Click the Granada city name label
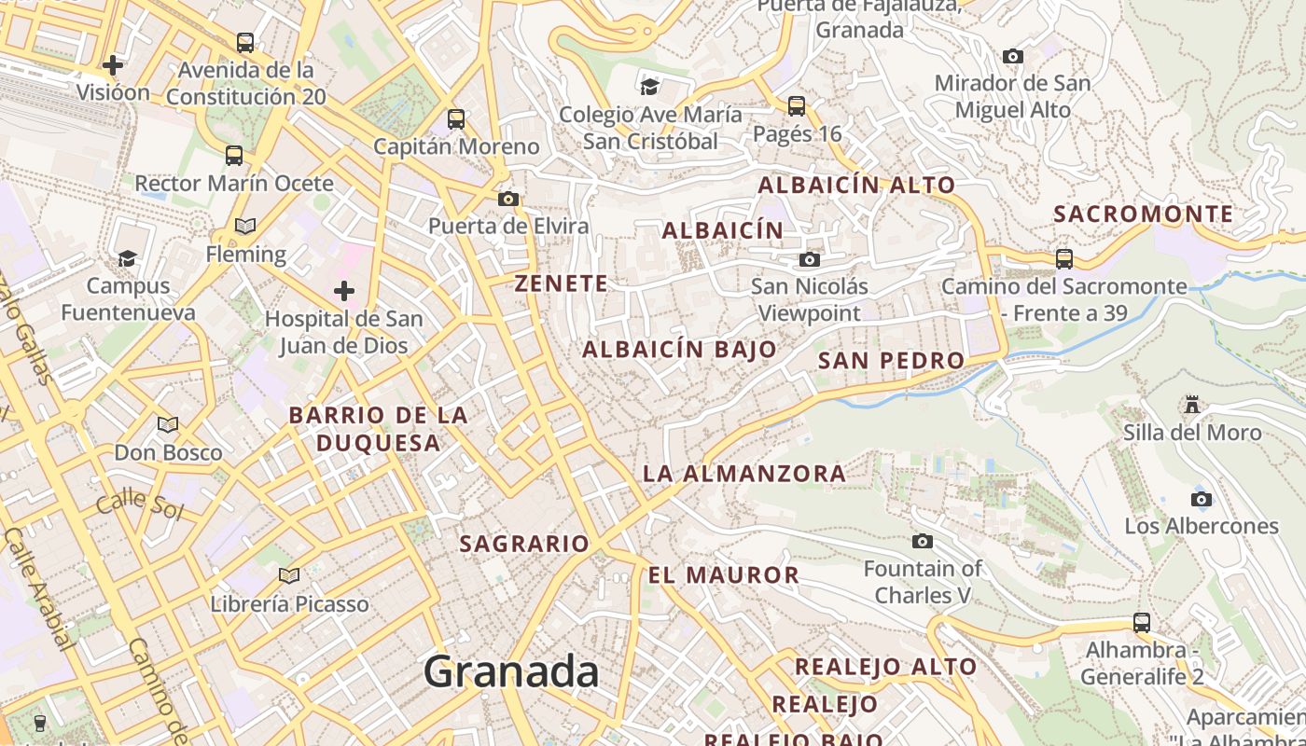511,671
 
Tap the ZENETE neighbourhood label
562,283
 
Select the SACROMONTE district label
1144,214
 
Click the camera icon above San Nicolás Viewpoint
810,259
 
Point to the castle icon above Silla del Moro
1191,405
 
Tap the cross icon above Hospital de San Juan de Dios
344,291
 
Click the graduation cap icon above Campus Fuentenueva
128,257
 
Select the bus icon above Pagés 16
796,105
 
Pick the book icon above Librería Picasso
289,575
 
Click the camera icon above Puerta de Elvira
508,199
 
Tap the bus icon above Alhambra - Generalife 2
1141,622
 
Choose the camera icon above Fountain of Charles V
922,541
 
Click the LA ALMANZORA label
744,474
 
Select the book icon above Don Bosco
168,425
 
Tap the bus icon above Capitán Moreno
456,118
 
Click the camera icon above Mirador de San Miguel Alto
1012,56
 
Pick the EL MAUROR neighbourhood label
724,575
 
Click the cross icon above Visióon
113,65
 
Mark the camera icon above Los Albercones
1202,499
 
